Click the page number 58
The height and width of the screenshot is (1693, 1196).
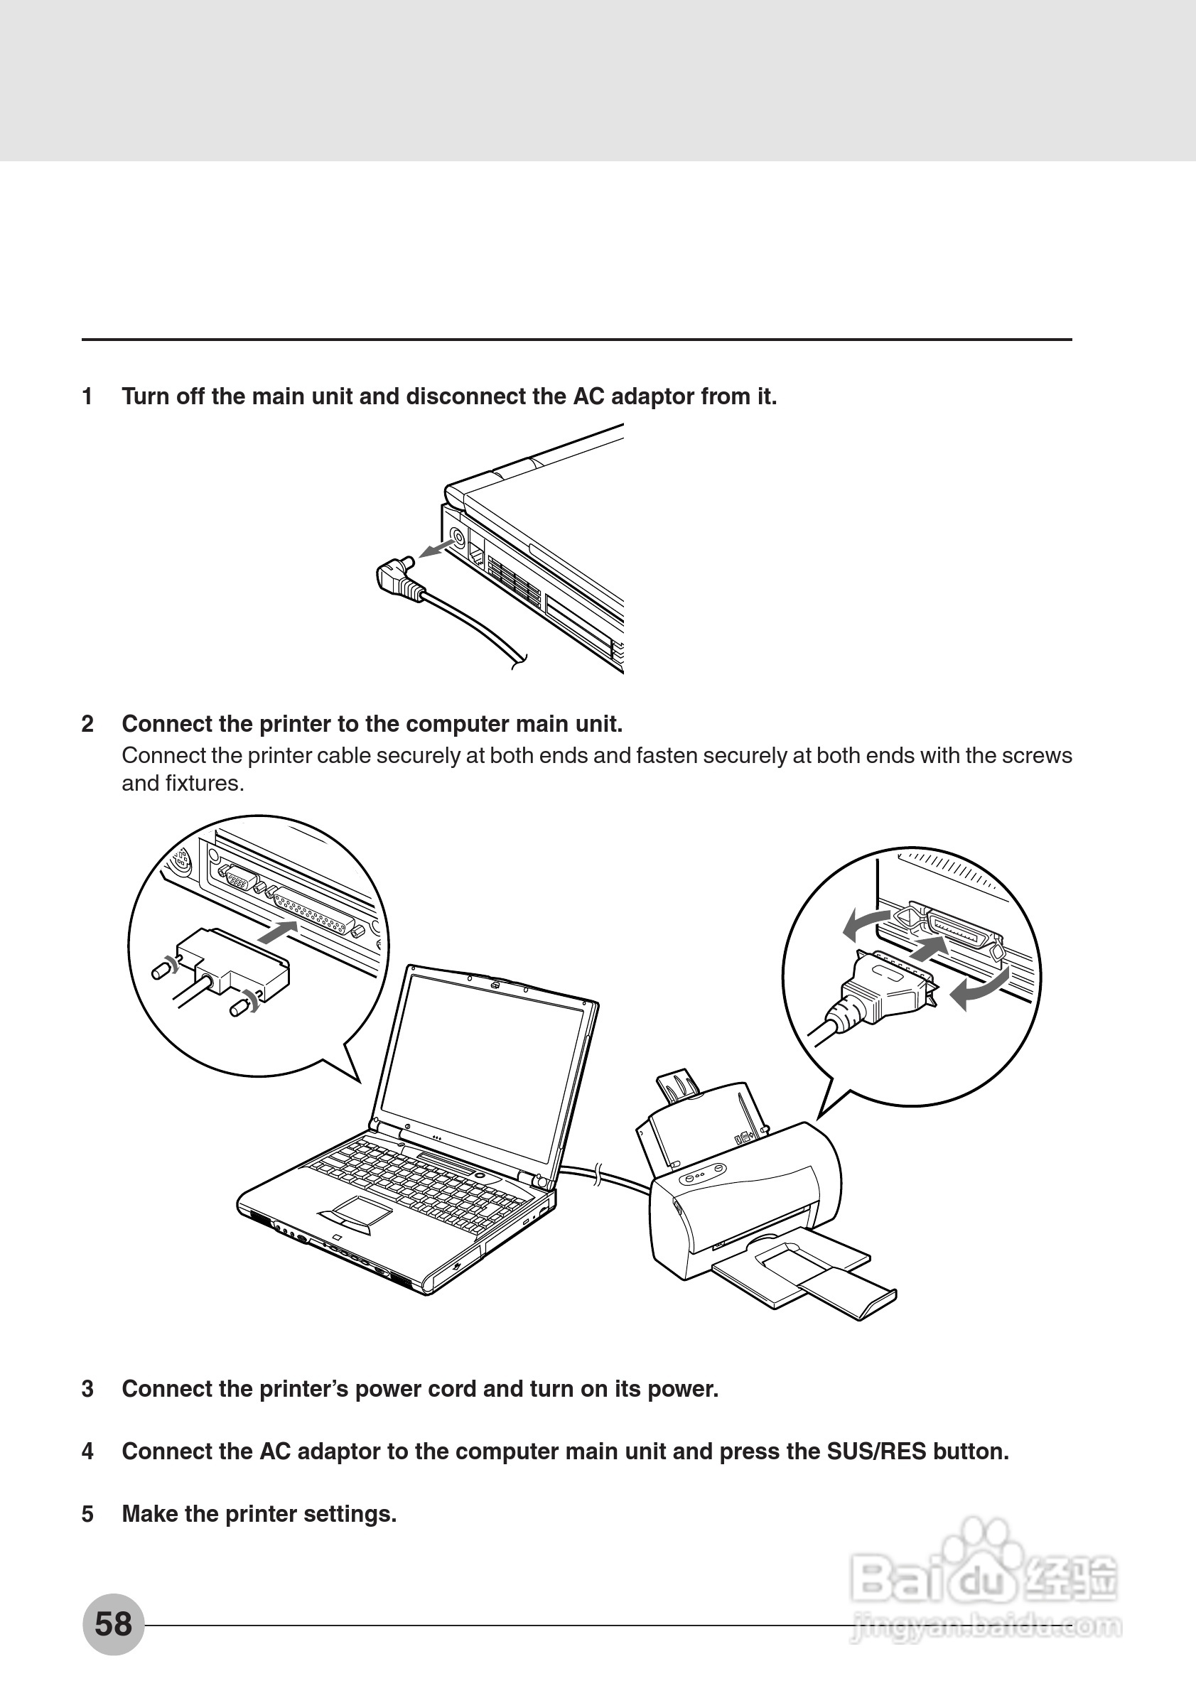pos(113,1623)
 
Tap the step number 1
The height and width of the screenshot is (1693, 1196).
pos(87,396)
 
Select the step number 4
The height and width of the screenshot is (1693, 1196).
pos(87,1451)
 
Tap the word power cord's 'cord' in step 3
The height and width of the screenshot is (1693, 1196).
pos(452,1389)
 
